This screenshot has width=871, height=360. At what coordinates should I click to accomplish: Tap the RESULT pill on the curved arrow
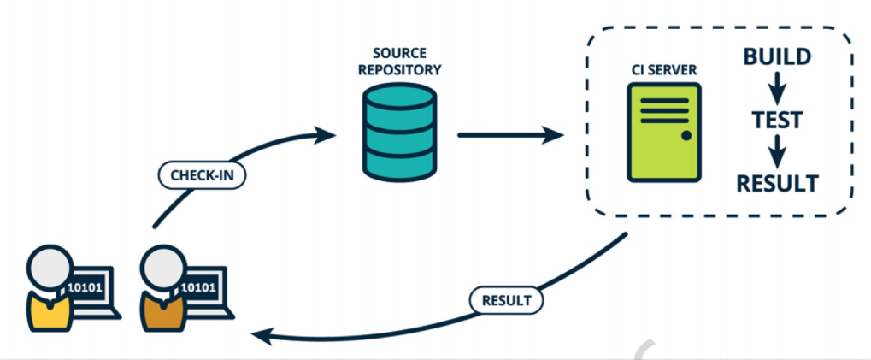click(507, 300)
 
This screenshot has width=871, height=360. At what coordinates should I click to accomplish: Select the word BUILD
click(776, 58)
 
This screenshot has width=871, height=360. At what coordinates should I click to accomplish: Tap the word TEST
click(776, 120)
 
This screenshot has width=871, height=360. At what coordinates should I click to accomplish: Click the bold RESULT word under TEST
click(776, 182)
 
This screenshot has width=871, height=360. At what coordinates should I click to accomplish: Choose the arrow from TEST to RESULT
click(776, 151)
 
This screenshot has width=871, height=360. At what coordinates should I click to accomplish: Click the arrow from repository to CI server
click(509, 134)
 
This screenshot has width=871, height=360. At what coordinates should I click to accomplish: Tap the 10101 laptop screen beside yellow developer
click(85, 286)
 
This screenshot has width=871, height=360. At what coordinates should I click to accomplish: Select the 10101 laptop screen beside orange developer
click(199, 286)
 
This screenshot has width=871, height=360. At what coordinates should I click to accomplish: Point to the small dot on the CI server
click(686, 136)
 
